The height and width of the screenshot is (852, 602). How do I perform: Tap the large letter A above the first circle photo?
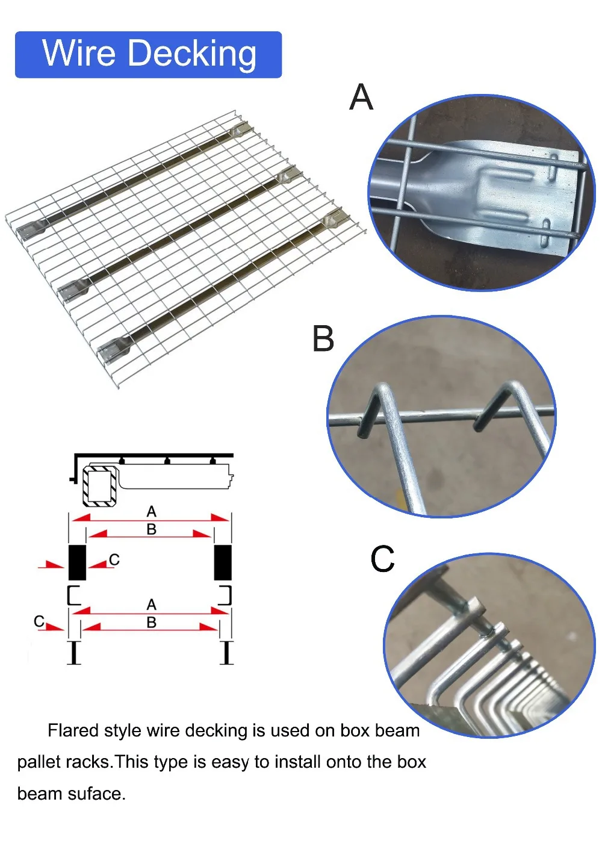[361, 98]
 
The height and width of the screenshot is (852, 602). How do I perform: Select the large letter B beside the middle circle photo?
[323, 339]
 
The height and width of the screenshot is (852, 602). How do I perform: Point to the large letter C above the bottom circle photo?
[382, 559]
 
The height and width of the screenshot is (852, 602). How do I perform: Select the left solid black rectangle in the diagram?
[77, 562]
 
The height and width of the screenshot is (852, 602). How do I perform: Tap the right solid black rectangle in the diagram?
[223, 562]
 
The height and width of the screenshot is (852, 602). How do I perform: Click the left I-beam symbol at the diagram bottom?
[74, 653]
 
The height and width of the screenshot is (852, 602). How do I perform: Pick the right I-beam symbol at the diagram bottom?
[226, 653]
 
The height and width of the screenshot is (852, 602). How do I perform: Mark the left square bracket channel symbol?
[73, 595]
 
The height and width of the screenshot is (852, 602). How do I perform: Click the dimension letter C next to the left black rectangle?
[114, 560]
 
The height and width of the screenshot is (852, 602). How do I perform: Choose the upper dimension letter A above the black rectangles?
[152, 512]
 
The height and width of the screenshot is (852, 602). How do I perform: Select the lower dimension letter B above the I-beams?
[152, 622]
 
